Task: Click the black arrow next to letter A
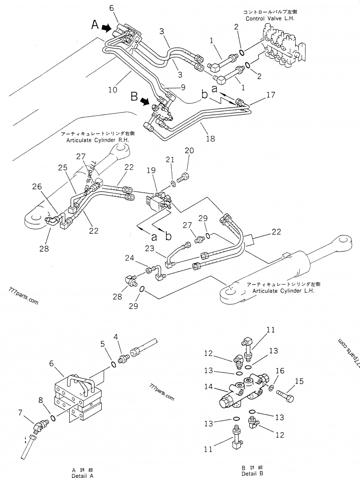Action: [x=106, y=28]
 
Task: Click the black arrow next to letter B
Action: [x=144, y=103]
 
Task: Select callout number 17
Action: [x=270, y=95]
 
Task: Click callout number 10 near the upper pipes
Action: [x=113, y=90]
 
